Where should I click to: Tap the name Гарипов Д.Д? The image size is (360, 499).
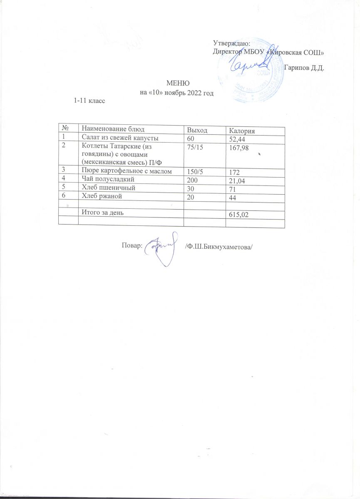(x=304, y=68)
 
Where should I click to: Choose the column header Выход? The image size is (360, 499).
(x=198, y=130)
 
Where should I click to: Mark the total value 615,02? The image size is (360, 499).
(x=239, y=215)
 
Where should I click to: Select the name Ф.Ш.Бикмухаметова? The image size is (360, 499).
(x=219, y=247)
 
